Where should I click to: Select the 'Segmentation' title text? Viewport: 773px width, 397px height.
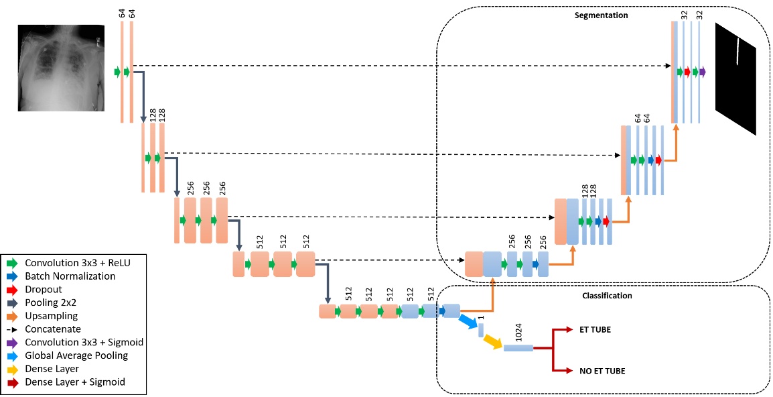coord(602,15)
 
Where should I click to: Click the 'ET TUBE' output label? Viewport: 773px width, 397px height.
coord(595,330)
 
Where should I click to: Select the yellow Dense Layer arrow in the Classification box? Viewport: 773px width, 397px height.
coord(492,341)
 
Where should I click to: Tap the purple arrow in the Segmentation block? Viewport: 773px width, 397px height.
coord(703,72)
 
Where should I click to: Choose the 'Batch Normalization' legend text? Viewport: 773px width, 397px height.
coord(70,276)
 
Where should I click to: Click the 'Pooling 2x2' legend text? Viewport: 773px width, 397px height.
coord(52,302)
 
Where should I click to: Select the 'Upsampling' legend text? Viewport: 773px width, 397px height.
coord(52,315)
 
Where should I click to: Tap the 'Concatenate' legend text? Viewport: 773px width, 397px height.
coord(53,329)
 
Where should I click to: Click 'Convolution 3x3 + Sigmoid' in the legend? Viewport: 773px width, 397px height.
coord(84,342)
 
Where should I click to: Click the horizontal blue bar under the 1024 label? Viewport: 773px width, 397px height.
coord(518,347)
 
